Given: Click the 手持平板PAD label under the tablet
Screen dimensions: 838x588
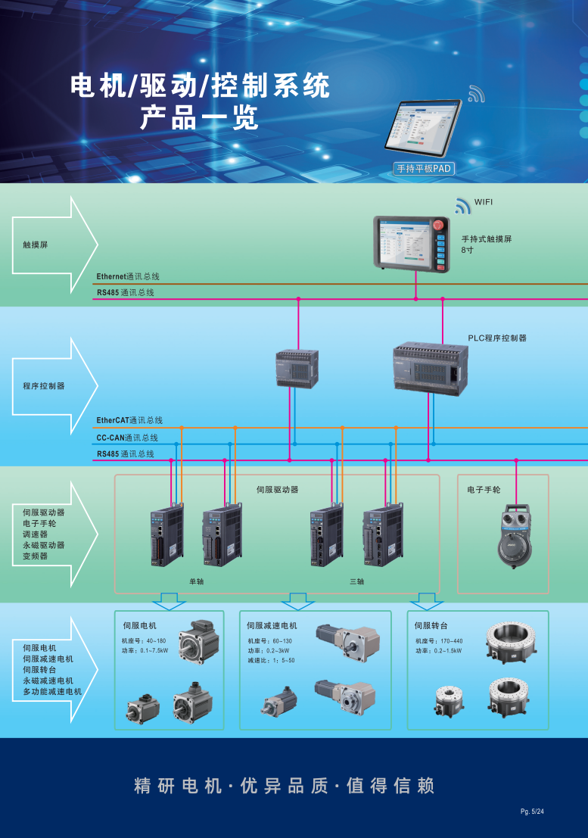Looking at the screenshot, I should [x=424, y=170].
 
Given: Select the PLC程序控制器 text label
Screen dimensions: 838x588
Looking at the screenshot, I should [x=496, y=338].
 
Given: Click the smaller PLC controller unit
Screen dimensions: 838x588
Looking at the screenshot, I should [x=297, y=369].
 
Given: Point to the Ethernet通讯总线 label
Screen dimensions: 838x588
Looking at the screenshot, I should [x=128, y=277].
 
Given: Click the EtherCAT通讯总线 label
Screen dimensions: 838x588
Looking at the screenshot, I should [x=129, y=420].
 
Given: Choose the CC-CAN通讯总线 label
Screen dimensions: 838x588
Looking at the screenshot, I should [x=127, y=438].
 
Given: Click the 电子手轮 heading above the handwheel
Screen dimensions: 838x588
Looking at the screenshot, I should [x=484, y=491].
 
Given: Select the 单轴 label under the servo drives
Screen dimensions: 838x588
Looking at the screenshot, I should [x=196, y=581].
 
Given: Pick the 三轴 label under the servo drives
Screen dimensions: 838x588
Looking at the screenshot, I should [x=356, y=581].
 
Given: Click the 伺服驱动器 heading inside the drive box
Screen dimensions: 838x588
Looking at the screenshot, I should [x=277, y=491].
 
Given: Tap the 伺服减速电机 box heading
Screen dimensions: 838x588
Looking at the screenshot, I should [x=272, y=626].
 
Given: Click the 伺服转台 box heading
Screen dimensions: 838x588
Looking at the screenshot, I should [x=431, y=626].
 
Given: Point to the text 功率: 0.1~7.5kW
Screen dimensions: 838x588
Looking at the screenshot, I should [x=145, y=650].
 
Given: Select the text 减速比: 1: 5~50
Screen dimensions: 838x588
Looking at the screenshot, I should [x=271, y=661].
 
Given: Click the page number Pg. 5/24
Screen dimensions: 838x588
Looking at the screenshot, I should [x=532, y=812].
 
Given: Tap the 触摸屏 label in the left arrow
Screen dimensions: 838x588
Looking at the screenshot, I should [x=35, y=245].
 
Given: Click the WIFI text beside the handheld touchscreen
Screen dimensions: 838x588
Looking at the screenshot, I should [x=484, y=202].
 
